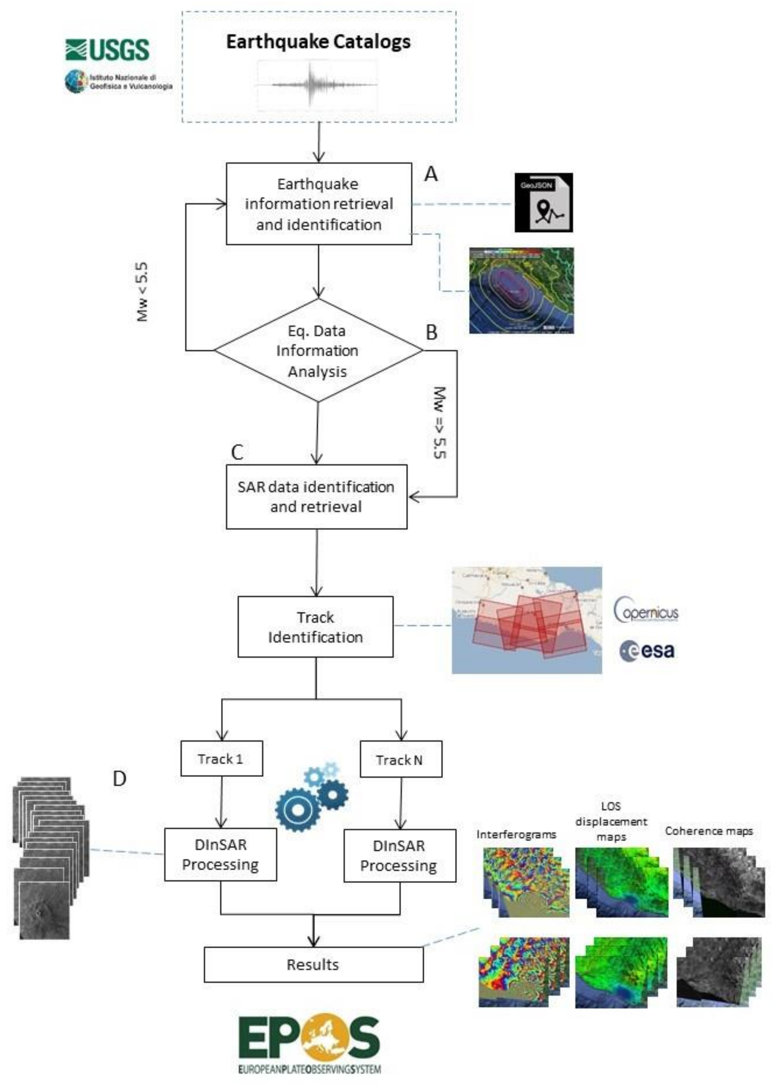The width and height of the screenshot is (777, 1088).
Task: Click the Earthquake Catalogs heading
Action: tap(318, 42)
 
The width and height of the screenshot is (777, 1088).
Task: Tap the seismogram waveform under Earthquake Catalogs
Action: tap(317, 85)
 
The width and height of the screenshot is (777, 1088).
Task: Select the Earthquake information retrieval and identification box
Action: tap(319, 204)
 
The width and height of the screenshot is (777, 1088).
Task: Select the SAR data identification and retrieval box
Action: tap(316, 497)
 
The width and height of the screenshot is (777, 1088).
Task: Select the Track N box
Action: tap(400, 760)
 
